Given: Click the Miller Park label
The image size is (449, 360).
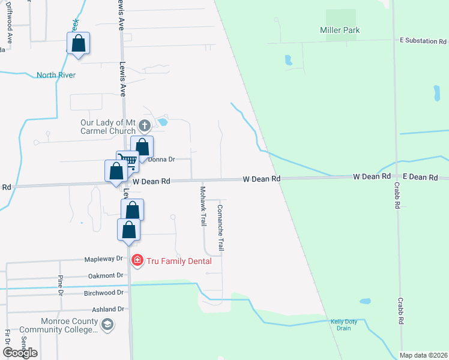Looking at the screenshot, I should click(x=340, y=30).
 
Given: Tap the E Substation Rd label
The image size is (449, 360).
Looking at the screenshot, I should click(x=423, y=41).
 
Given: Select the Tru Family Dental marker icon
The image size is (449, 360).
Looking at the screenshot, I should click(x=137, y=260).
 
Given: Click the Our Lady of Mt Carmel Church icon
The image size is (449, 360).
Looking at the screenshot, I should click(x=144, y=126).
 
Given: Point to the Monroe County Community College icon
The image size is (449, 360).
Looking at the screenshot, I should click(x=107, y=325).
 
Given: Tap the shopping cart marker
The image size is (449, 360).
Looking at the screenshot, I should click(x=127, y=161).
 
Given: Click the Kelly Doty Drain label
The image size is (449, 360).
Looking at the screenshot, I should click(x=344, y=325).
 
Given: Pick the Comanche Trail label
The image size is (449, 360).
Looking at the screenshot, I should click(x=220, y=228).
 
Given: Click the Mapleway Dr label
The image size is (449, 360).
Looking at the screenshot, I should click(x=103, y=259).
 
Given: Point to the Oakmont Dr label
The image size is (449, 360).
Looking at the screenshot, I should click(x=105, y=275).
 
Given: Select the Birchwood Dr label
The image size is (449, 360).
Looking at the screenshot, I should click(x=103, y=292).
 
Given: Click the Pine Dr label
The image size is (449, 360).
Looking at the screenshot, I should click(x=61, y=286).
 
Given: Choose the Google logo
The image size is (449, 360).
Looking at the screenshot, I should click(x=20, y=353).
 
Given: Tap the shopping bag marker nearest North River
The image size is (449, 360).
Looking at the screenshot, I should click(x=78, y=44).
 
